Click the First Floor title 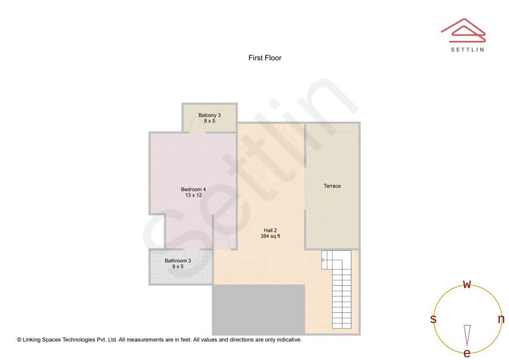pyautogui.click(x=265, y=58)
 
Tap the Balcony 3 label pyautogui.click(x=209, y=115)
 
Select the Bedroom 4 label pyautogui.click(x=193, y=189)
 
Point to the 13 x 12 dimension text pyautogui.click(x=193, y=195)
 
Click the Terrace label pyautogui.click(x=332, y=186)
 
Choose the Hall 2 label pyautogui.click(x=270, y=230)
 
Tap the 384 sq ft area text pyautogui.click(x=270, y=237)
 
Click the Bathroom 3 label pyautogui.click(x=178, y=261)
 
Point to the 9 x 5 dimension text pyautogui.click(x=178, y=267)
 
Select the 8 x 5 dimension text pyautogui.click(x=209, y=121)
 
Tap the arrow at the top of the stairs pyautogui.click(x=324, y=260)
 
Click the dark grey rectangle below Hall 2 pyautogui.click(x=258, y=310)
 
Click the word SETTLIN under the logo pyautogui.click(x=467, y=49)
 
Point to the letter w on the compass pyautogui.click(x=467, y=284)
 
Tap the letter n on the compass pyautogui.click(x=501, y=319)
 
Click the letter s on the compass pyautogui.click(x=433, y=319)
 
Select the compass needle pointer pyautogui.click(x=467, y=335)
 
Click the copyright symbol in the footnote pyautogui.click(x=19, y=340)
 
